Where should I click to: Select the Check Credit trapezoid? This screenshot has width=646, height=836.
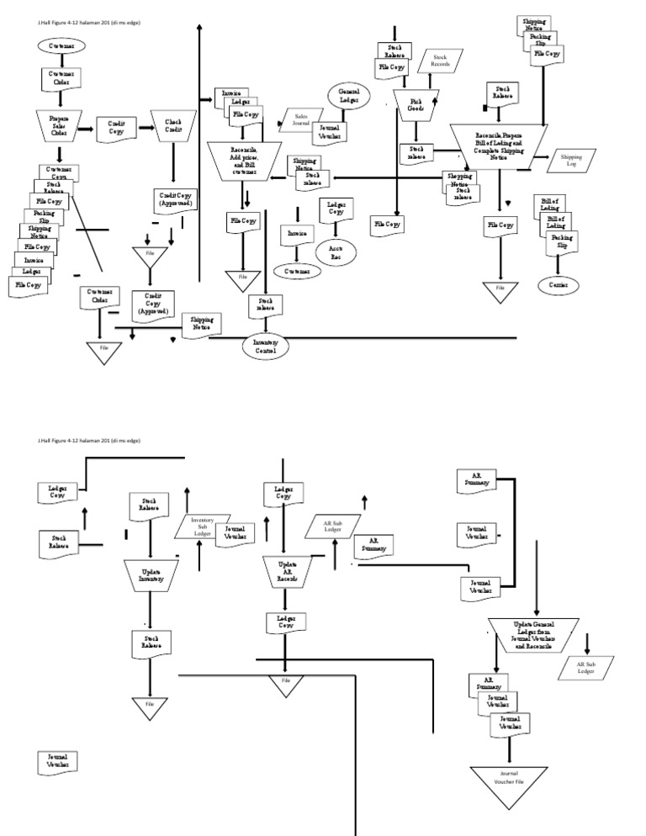pyautogui.click(x=173, y=125)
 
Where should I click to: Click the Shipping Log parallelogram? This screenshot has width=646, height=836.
pyautogui.click(x=571, y=160)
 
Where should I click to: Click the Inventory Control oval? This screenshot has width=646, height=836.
pyautogui.click(x=265, y=345)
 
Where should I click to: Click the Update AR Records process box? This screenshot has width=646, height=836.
pyautogui.click(x=286, y=569)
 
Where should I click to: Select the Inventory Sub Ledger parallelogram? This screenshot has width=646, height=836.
pyautogui.click(x=203, y=526)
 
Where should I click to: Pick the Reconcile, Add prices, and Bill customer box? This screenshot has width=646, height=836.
pyautogui.click(x=244, y=157)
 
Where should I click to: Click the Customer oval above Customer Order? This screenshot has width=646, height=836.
pyautogui.click(x=61, y=45)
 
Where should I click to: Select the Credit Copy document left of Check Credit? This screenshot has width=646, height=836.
pyautogui.click(x=116, y=128)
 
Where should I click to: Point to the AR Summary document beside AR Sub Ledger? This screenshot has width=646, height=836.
pyautogui.click(x=373, y=545)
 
